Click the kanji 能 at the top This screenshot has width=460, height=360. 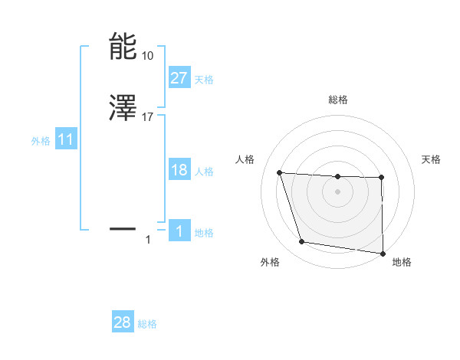[123, 47]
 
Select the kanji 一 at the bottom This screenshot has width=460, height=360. [123, 228]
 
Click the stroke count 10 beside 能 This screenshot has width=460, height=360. [148, 56]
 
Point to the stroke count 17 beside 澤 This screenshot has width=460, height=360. [148, 117]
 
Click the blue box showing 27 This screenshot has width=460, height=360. [179, 78]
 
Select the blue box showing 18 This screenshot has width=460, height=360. [179, 170]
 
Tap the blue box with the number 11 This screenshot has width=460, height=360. [66, 140]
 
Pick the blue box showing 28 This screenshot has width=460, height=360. [123, 322]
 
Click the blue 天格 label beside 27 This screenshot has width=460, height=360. [204, 80]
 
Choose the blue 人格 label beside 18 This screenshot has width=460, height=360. [204, 172]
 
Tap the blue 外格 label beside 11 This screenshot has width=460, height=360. [41, 141]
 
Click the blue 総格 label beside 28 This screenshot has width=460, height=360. [147, 324]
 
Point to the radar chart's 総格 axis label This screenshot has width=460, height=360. [338, 100]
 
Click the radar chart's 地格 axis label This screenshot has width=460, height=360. [402, 262]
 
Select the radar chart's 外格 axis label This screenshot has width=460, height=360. [270, 262]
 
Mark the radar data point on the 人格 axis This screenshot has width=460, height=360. [280, 173]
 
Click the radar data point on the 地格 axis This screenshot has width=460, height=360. [383, 253]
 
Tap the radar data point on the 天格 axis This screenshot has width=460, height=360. [381, 178]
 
